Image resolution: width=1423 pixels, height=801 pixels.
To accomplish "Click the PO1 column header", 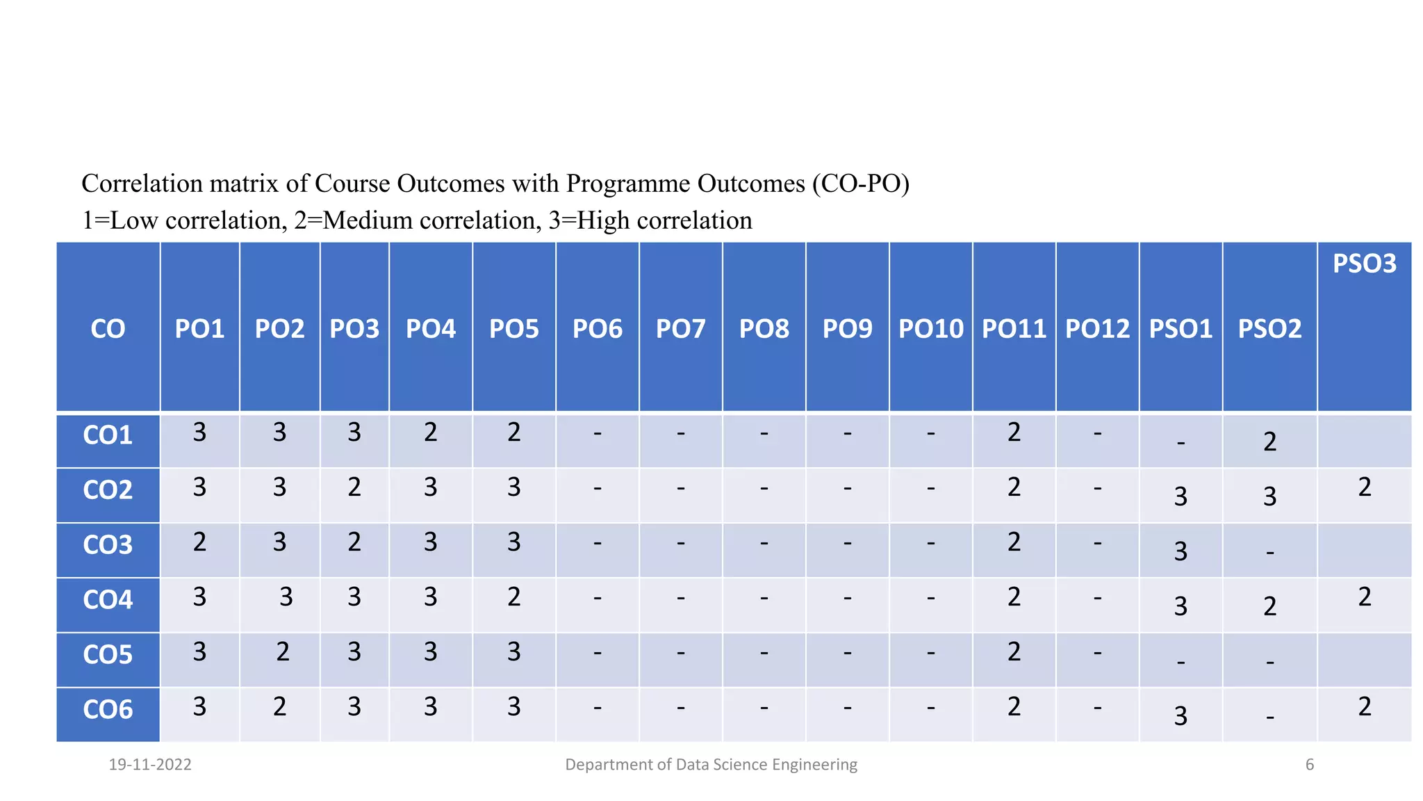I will (x=199, y=329).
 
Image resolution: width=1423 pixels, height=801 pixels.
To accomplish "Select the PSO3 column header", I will (x=1364, y=264).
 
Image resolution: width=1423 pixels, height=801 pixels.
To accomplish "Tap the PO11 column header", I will (x=1014, y=329).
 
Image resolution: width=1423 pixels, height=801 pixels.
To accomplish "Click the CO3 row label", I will (x=108, y=545).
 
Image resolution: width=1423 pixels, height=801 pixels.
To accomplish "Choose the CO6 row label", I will (x=108, y=710).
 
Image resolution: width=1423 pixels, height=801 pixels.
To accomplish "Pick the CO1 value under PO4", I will (x=431, y=432).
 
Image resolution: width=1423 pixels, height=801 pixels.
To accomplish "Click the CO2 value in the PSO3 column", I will (x=1365, y=487).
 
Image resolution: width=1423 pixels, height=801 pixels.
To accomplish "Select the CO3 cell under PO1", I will (x=199, y=542).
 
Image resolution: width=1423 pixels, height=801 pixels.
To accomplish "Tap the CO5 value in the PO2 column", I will (x=283, y=652).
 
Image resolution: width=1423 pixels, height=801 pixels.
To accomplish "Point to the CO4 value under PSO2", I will (x=1269, y=606).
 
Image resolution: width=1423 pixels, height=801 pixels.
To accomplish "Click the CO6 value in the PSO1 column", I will (x=1181, y=716).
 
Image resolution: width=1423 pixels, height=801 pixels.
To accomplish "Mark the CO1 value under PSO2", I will (x=1269, y=442).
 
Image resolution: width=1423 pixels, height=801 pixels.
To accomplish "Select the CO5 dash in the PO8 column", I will (x=764, y=653).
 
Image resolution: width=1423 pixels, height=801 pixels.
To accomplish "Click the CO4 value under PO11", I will (x=1014, y=597).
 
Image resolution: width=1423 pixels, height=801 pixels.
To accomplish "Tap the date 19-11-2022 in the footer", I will (x=150, y=765).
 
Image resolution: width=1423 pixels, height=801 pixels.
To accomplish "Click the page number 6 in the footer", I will (x=1310, y=765).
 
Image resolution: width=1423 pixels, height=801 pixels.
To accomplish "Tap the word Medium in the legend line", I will (x=368, y=220).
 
